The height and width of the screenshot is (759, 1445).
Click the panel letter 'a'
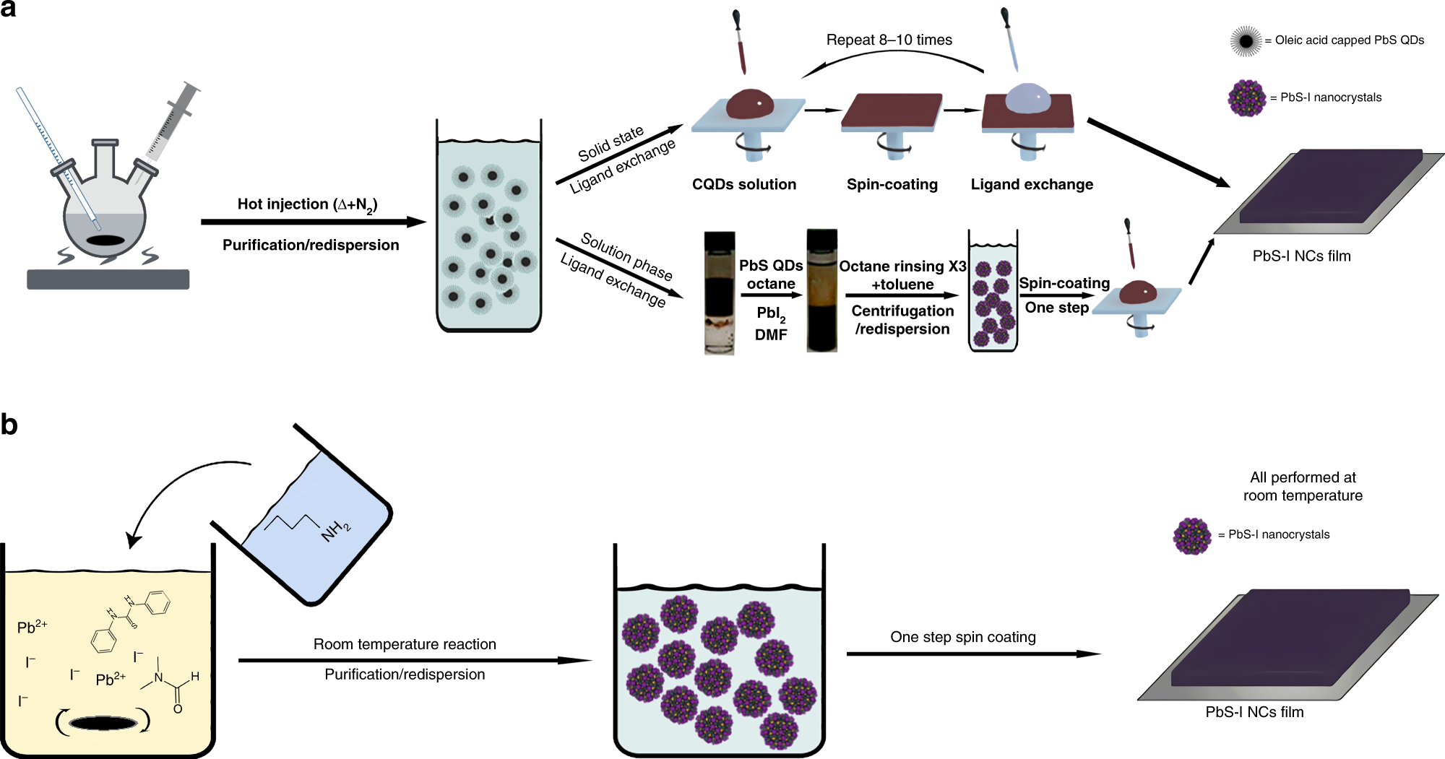point(9,9)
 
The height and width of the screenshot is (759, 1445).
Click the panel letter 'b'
point(9,425)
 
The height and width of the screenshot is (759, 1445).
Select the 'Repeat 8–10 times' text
point(889,40)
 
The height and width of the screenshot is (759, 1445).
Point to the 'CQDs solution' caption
point(743,185)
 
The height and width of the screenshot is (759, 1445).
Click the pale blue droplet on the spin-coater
point(1027,97)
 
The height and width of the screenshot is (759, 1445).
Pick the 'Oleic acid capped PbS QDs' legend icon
point(1246,41)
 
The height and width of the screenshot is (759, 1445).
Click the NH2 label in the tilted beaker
point(336,531)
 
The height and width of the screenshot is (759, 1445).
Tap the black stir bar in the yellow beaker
point(103,722)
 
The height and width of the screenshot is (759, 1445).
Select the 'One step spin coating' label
point(962,637)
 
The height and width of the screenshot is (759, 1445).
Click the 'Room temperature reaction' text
point(405,644)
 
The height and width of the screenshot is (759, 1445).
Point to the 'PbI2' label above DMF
point(770,314)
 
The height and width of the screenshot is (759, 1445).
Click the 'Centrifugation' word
point(902,311)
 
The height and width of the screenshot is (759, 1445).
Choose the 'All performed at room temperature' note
point(1303,486)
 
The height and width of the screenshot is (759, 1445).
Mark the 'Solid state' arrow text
point(611,144)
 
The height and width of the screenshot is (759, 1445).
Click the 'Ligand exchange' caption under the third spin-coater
point(1031,185)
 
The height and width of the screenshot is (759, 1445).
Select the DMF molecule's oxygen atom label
point(178,708)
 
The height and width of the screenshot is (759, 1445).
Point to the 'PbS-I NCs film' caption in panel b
point(1254,712)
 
